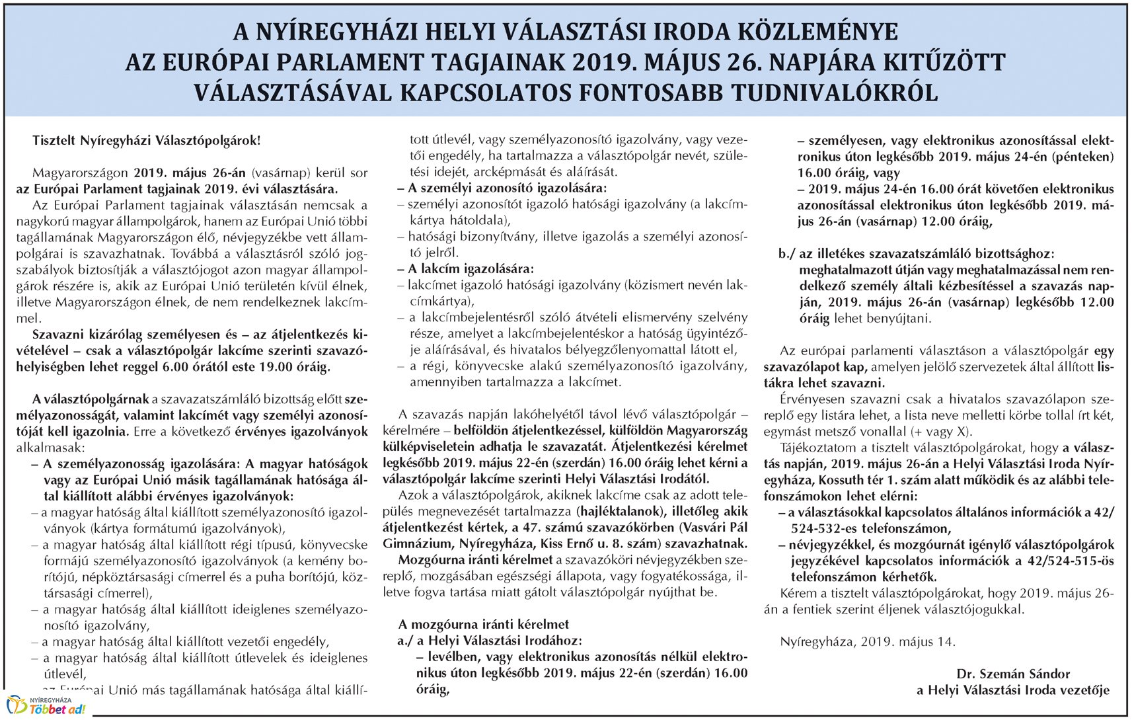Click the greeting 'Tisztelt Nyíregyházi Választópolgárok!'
click(147, 141)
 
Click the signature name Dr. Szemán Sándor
click(1013, 674)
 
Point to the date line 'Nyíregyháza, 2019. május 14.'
click(867, 642)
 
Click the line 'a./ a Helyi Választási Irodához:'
click(490, 641)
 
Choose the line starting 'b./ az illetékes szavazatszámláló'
click(917, 254)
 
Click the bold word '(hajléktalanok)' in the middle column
click(620, 512)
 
